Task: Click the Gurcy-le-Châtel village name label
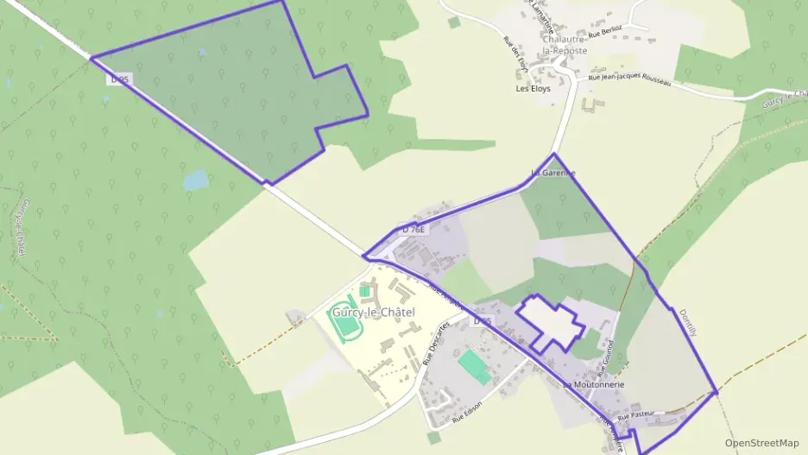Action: pos(372,312)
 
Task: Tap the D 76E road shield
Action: pos(414,230)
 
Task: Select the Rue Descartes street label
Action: pos(438,344)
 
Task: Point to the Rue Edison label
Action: pos(467,411)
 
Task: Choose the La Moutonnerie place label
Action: pos(593,384)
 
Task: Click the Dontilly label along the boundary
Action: pos(687,325)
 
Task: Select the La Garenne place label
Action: pos(552,173)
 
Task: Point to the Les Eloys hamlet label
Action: pos(533,89)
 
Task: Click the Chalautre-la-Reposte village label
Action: pos(565,45)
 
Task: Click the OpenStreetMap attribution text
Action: pos(761,443)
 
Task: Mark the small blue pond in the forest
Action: pos(196,180)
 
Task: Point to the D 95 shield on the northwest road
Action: pos(120,79)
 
